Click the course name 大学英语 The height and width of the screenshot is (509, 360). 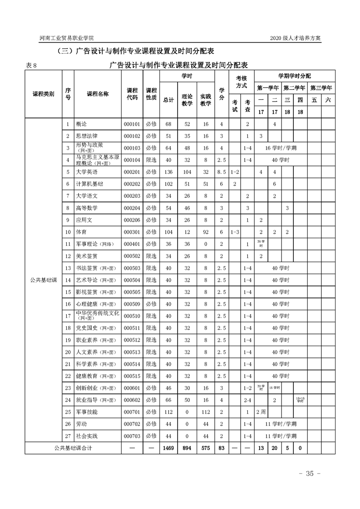click(86, 172)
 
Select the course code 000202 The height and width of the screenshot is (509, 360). click(132, 184)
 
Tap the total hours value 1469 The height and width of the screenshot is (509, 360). click(168, 448)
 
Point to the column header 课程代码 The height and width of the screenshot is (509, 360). click(132, 94)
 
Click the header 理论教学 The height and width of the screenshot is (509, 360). click(187, 100)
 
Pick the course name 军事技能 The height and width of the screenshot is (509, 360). click(87, 412)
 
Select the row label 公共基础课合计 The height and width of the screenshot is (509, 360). click(73, 448)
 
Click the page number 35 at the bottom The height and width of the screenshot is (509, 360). click(310, 474)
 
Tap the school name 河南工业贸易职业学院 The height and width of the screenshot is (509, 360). click(70, 38)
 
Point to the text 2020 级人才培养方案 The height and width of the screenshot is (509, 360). click(295, 38)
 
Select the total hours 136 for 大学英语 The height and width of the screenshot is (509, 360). click(168, 172)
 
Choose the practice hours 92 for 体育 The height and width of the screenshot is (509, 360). click(206, 232)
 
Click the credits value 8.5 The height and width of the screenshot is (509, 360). click(222, 172)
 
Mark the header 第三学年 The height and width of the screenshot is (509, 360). click(321, 88)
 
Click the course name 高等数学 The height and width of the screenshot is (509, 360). click(86, 208)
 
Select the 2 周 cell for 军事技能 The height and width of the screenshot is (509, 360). click(261, 412)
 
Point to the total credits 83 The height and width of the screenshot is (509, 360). click(222, 448)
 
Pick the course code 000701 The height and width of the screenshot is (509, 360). click(132, 412)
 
